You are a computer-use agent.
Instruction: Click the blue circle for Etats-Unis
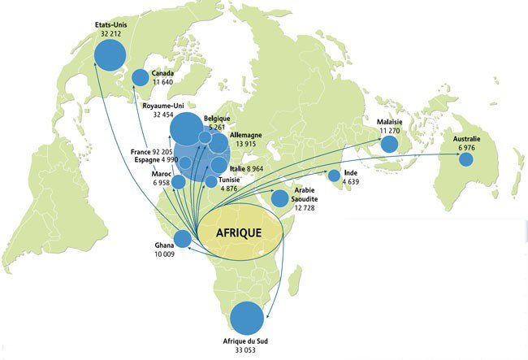pyautogui.click(x=110, y=56)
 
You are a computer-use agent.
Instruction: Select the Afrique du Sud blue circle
pyautogui.click(x=247, y=319)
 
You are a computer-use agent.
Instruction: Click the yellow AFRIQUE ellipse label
pyautogui.click(x=240, y=232)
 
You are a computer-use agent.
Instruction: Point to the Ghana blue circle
pyautogui.click(x=183, y=239)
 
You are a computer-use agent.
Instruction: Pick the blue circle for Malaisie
pyautogui.click(x=389, y=144)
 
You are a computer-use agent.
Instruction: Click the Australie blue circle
pyautogui.click(x=465, y=159)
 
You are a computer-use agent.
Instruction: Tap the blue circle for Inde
pyautogui.click(x=334, y=175)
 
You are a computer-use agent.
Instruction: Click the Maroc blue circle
pyautogui.click(x=179, y=182)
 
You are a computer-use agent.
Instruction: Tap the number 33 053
pyautogui.click(x=245, y=350)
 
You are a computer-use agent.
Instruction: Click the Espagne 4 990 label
pyautogui.click(x=153, y=159)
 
